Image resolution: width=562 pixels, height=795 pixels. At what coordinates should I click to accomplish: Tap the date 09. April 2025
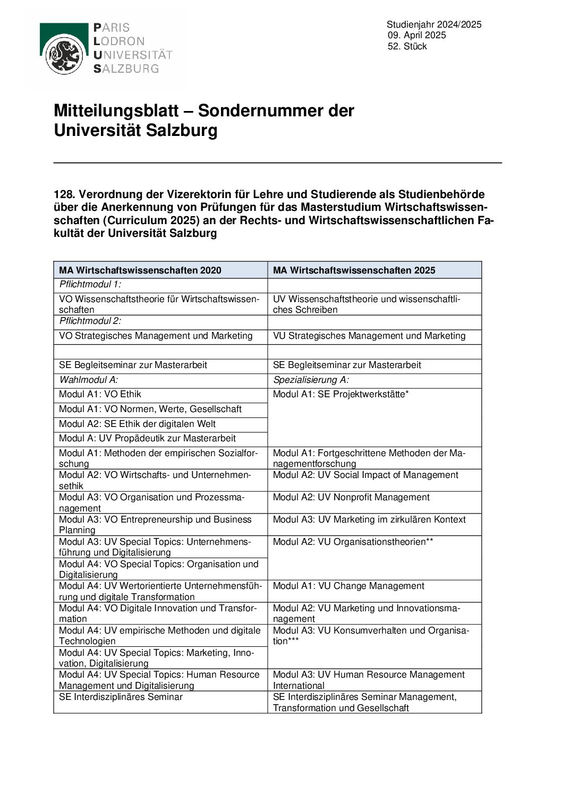tap(416, 35)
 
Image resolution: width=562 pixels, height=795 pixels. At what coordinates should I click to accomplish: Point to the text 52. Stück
tap(407, 46)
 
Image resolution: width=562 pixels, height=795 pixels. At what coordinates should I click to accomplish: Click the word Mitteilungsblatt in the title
tap(116, 110)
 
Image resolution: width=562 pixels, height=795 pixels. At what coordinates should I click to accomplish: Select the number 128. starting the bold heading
tap(64, 194)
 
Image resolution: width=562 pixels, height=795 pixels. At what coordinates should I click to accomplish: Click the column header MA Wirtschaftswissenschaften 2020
tap(140, 270)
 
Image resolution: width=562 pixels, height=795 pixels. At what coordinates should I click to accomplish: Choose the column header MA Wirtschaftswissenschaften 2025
tap(354, 270)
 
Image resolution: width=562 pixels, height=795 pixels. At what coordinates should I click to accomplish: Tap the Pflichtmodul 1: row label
tap(90, 284)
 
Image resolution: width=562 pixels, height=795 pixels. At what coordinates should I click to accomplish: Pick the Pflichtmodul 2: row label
tap(90, 321)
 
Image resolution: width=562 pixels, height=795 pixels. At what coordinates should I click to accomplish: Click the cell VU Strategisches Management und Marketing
tap(369, 336)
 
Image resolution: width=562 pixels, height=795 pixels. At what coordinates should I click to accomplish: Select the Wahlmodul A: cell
tap(89, 380)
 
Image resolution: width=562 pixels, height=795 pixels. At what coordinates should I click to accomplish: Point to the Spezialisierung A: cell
tap(311, 380)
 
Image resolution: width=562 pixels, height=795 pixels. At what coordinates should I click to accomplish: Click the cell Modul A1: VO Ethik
tap(100, 394)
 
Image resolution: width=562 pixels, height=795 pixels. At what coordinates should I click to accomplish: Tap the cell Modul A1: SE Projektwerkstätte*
tap(340, 394)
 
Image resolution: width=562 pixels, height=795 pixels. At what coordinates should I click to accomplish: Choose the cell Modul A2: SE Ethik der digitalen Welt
tap(137, 424)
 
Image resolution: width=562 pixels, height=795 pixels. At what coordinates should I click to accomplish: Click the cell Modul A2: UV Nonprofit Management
tap(351, 497)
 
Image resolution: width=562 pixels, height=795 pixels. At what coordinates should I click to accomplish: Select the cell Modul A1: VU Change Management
tap(348, 586)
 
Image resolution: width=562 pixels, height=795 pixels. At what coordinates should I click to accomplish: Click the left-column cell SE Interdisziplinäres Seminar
tap(121, 697)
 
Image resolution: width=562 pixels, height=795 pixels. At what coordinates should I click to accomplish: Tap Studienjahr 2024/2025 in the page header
tap(433, 24)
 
